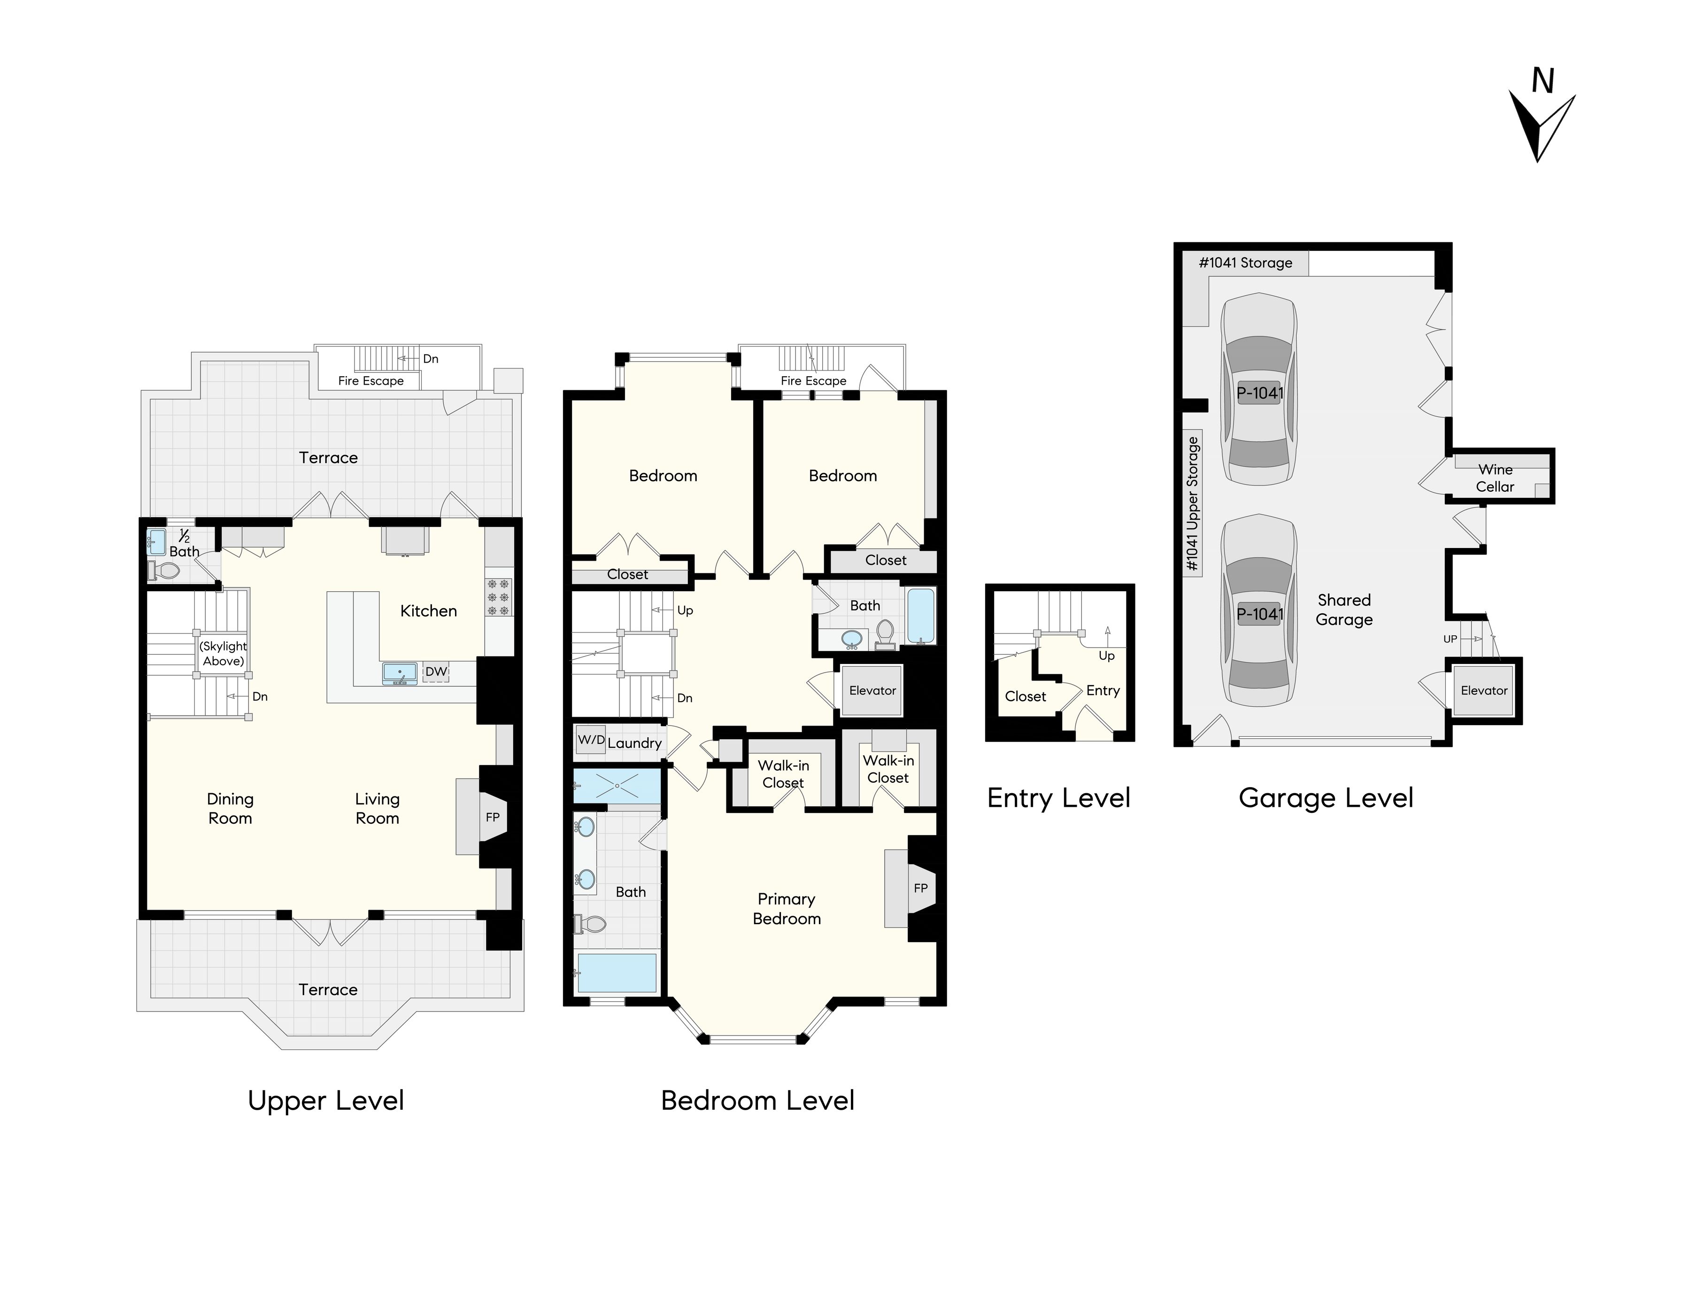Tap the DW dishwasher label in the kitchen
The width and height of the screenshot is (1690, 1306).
pyautogui.click(x=436, y=672)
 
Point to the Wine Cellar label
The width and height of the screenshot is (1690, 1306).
pyautogui.click(x=1495, y=478)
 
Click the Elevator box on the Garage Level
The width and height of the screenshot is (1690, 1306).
pyautogui.click(x=1484, y=691)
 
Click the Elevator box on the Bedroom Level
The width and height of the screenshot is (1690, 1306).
pyautogui.click(x=872, y=690)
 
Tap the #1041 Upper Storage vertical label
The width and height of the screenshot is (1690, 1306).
pyautogui.click(x=1192, y=504)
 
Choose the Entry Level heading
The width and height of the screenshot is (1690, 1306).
pyautogui.click(x=1058, y=798)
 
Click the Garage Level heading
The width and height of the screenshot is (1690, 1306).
pyautogui.click(x=1326, y=798)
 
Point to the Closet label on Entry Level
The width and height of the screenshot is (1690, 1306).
pyautogui.click(x=1025, y=696)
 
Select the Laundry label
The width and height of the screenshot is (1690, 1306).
pyautogui.click(x=634, y=743)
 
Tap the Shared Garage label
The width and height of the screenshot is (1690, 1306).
pyautogui.click(x=1344, y=610)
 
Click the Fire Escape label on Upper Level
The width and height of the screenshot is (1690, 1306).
pyautogui.click(x=370, y=381)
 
